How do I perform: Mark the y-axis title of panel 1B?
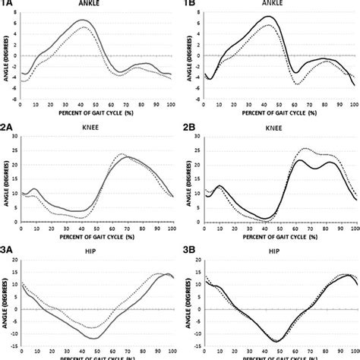click(188, 55)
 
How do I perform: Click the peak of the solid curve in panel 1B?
click(268, 17)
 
